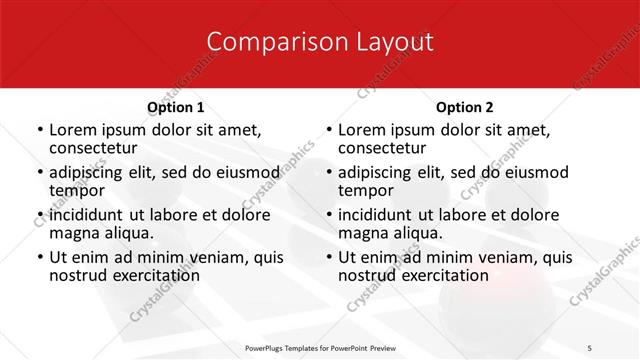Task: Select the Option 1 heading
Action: pyautogui.click(x=175, y=107)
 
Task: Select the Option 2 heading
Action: pyautogui.click(x=464, y=107)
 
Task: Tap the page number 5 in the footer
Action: pyautogui.click(x=589, y=347)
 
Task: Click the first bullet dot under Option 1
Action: pyautogui.click(x=39, y=130)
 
